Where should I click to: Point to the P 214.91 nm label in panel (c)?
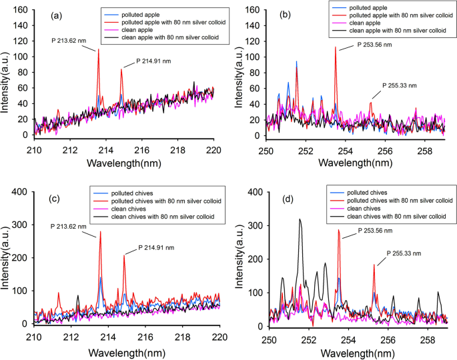160,248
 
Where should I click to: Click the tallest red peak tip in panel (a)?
99,50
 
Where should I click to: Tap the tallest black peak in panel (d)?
300,219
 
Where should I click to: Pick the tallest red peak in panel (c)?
101,232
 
